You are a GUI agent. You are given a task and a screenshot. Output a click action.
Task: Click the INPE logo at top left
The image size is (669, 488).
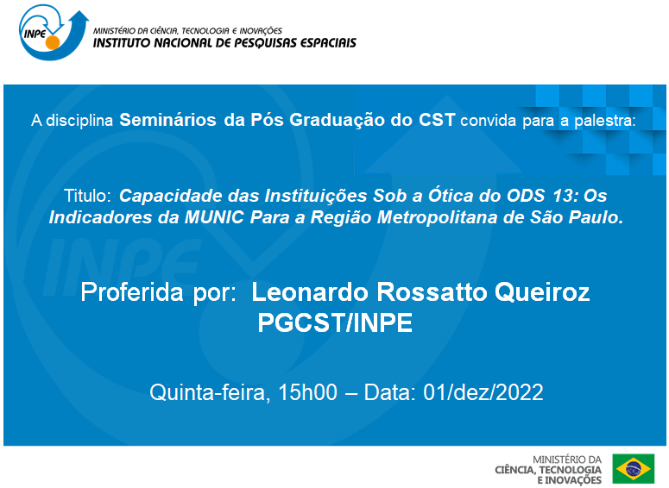pos(48,31)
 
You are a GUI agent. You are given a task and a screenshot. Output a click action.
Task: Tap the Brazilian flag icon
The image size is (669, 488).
pos(634,469)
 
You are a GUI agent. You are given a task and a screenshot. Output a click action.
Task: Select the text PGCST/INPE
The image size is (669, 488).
pos(335,323)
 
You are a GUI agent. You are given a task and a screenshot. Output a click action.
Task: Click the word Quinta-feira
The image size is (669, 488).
pos(207,393)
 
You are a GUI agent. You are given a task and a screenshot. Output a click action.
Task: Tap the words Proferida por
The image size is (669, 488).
pos(159,292)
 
